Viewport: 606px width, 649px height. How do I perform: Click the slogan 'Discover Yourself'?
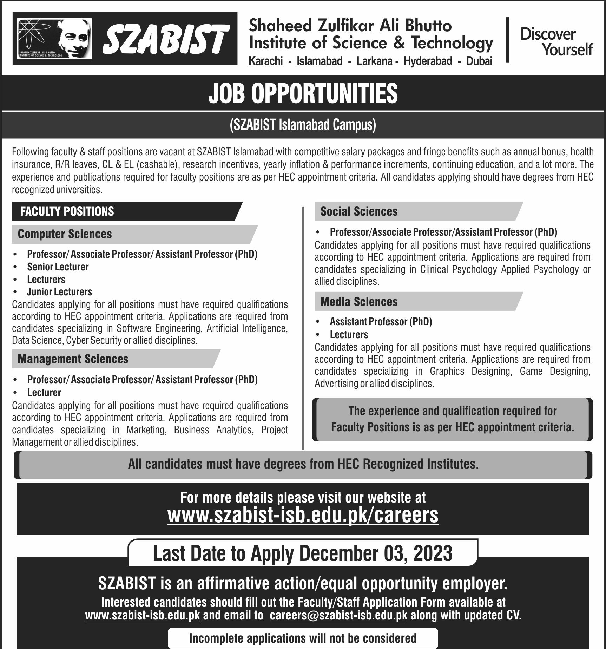(x=556, y=42)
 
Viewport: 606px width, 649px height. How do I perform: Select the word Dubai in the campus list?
(x=479, y=61)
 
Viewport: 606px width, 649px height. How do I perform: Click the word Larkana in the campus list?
(x=374, y=61)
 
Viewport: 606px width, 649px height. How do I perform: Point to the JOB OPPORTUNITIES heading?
(x=303, y=93)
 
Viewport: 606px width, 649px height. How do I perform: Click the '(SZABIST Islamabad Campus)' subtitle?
(x=303, y=125)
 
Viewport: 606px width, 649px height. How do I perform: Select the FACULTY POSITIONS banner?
(x=67, y=211)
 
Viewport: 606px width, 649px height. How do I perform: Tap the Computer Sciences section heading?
(x=65, y=234)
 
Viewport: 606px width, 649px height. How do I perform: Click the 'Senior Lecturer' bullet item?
(x=58, y=267)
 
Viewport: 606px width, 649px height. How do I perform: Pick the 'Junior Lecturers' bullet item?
(x=60, y=292)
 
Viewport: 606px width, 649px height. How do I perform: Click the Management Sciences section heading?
(x=73, y=359)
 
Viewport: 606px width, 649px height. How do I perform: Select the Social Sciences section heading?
(x=359, y=211)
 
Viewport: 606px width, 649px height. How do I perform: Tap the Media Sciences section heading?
(x=359, y=302)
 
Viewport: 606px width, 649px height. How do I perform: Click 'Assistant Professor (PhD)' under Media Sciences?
(x=381, y=322)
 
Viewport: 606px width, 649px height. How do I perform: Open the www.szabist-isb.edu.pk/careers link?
(x=303, y=516)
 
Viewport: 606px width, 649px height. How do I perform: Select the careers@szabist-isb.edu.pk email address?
(x=338, y=616)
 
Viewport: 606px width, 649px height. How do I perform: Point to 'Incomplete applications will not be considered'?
(x=303, y=638)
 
